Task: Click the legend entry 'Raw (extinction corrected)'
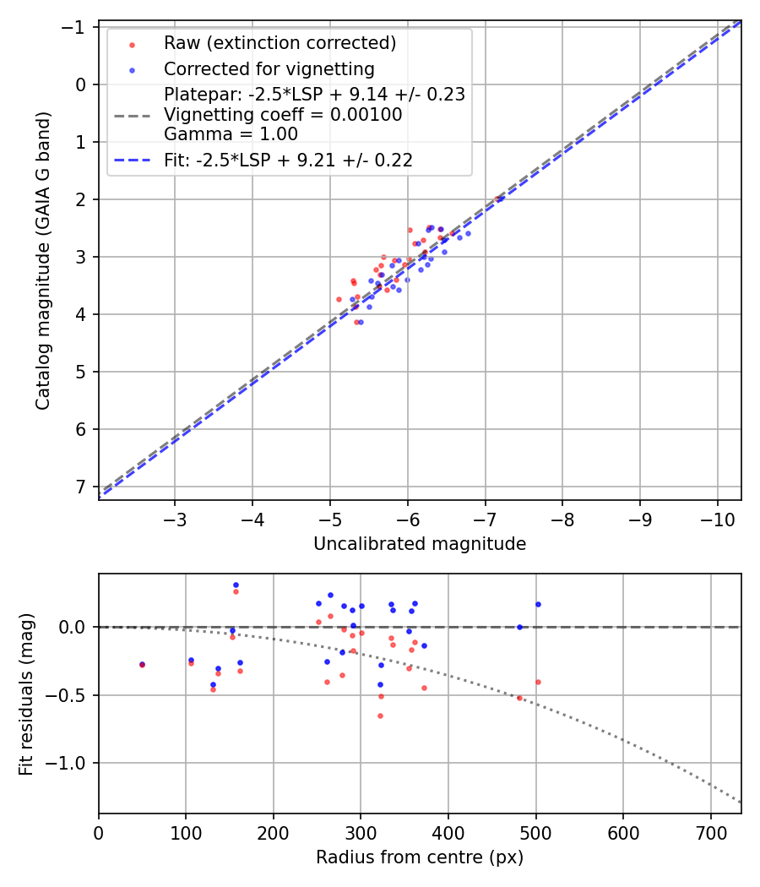[x=280, y=42]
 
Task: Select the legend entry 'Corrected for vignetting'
[x=269, y=68]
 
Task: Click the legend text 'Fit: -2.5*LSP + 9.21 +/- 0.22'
[x=288, y=160]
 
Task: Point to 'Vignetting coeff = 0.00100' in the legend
[x=283, y=114]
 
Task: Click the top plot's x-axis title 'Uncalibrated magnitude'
[x=420, y=544]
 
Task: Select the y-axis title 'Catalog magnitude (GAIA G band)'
[x=43, y=260]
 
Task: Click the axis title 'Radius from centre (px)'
[x=420, y=857]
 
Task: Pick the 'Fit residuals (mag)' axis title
[x=26, y=694]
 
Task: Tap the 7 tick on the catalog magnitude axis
[x=82, y=487]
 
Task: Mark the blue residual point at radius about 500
[x=538, y=604]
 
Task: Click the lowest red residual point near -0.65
[x=380, y=716]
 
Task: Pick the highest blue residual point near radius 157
[x=236, y=585]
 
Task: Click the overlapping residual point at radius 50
[x=142, y=665]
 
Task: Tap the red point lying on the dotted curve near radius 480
[x=519, y=698]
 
